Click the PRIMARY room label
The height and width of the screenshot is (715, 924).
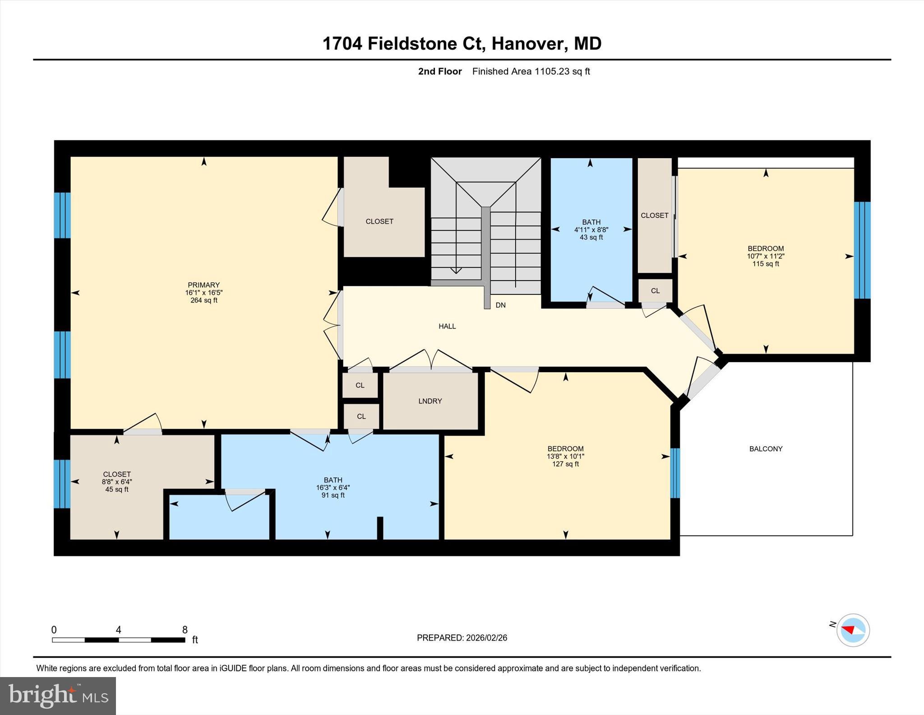[203, 285]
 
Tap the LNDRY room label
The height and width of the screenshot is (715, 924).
[430, 401]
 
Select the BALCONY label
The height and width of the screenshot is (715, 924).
[766, 449]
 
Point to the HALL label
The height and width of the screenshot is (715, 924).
[447, 326]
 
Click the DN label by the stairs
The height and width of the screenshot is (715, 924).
[500, 305]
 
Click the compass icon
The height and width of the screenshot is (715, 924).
[853, 630]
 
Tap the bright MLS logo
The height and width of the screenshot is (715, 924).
[58, 696]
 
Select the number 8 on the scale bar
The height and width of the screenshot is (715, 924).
[185, 630]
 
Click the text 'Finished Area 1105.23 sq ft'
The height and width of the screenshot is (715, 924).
[531, 71]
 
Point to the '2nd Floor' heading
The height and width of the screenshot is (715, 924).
[440, 71]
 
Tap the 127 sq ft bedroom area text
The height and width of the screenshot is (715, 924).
[565, 464]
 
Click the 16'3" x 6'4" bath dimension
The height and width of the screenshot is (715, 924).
[333, 488]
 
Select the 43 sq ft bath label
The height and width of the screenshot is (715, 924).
[591, 237]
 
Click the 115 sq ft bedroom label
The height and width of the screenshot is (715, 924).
[766, 264]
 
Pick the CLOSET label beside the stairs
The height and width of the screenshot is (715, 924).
[379, 221]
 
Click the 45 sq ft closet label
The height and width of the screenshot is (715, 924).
[117, 490]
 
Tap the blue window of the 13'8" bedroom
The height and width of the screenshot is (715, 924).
[675, 473]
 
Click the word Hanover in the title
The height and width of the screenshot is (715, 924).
[527, 43]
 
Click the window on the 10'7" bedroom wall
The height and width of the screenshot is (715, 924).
[862, 250]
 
